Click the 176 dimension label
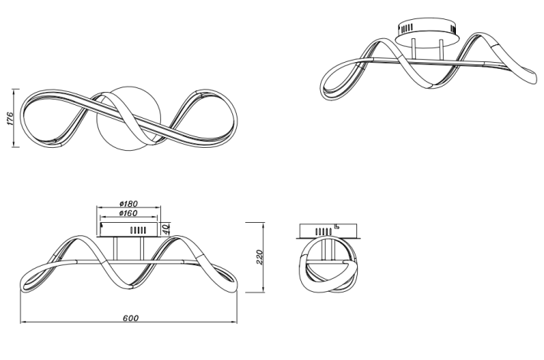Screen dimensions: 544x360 (11, 118)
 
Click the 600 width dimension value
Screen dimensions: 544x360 (130, 318)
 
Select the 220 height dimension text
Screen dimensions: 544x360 (260, 257)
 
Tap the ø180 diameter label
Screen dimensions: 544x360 (129, 204)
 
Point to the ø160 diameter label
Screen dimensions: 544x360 (129, 213)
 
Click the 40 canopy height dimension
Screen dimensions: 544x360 (165, 229)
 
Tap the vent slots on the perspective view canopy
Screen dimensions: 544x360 (406, 28)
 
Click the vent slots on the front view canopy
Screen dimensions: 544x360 (137, 231)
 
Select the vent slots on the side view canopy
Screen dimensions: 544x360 (323, 231)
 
